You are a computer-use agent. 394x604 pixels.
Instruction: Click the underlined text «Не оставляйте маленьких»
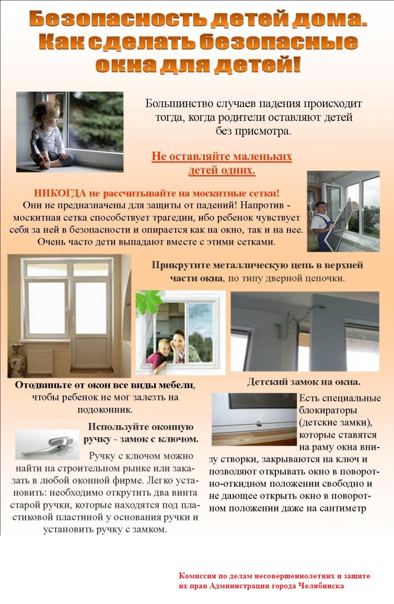point(222,157)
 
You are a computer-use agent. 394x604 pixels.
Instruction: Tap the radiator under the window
point(41,361)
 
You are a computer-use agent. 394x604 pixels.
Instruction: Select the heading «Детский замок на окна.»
point(304,382)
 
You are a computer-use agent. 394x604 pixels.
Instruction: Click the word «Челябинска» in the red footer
point(321,586)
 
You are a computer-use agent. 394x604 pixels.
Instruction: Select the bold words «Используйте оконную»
point(141,427)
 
